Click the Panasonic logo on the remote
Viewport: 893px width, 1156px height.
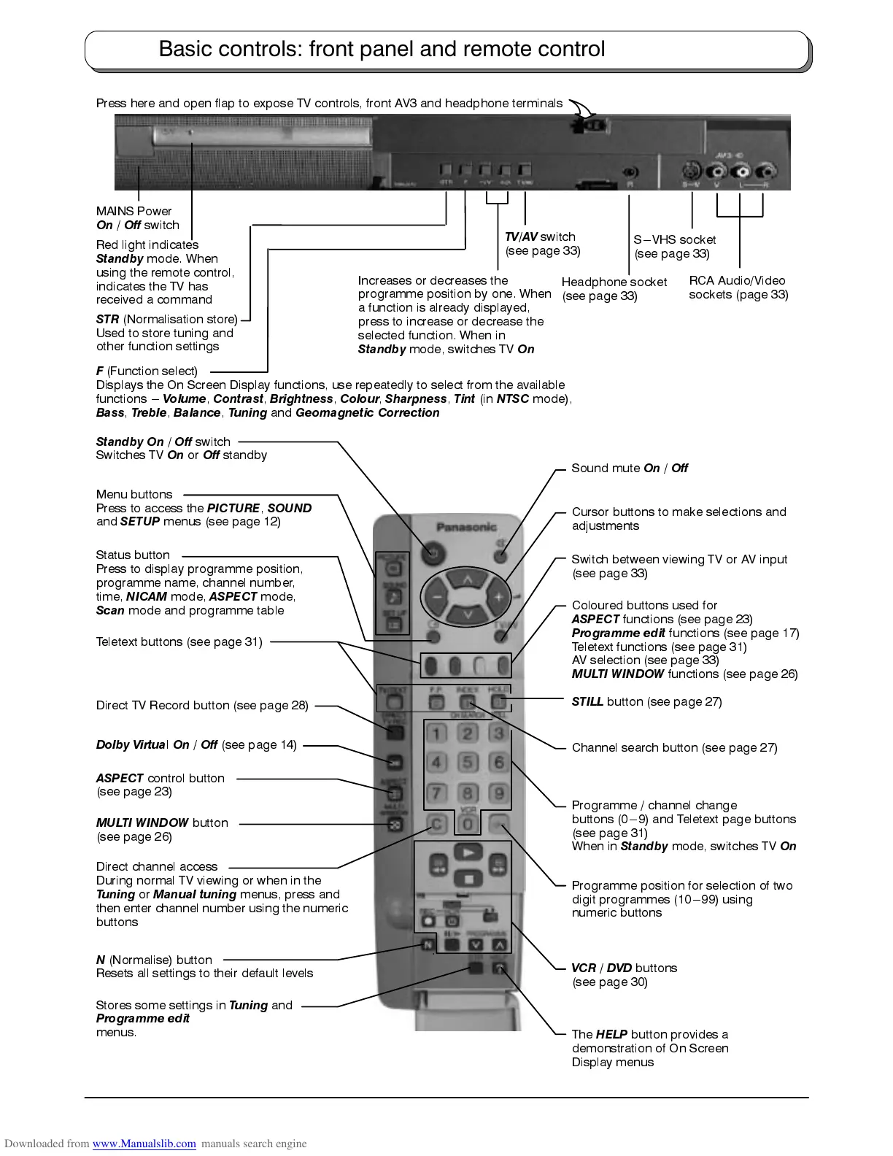click(466, 527)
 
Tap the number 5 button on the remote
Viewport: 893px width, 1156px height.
click(468, 763)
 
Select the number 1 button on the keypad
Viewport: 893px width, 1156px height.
click(436, 733)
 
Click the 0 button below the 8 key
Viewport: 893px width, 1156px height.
click(468, 825)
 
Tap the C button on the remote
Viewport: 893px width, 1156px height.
click(436, 825)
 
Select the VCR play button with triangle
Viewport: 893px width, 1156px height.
click(468, 852)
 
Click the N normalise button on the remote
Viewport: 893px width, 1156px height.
click(428, 945)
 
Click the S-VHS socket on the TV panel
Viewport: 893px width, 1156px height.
click(690, 172)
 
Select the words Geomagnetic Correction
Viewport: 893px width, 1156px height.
click(367, 413)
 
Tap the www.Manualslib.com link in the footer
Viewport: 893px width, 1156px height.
click(144, 1144)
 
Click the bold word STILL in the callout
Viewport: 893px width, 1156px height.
click(587, 702)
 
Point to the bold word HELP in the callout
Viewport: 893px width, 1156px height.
click(611, 1034)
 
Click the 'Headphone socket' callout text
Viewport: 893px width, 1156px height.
click(614, 282)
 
